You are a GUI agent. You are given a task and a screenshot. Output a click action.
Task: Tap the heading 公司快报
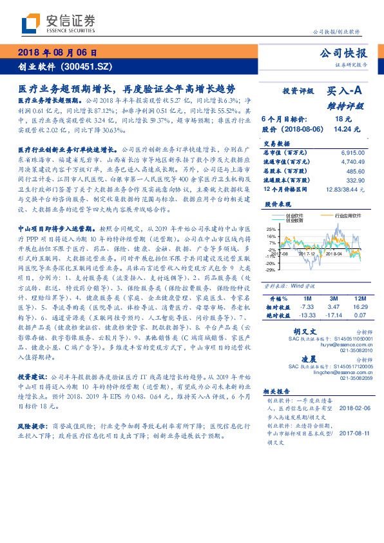(343, 53)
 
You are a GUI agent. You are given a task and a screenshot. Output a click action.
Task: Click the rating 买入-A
(345, 92)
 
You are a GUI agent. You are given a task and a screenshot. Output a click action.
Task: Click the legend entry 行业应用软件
(348, 216)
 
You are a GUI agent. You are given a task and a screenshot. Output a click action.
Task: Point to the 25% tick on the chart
(270, 229)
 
